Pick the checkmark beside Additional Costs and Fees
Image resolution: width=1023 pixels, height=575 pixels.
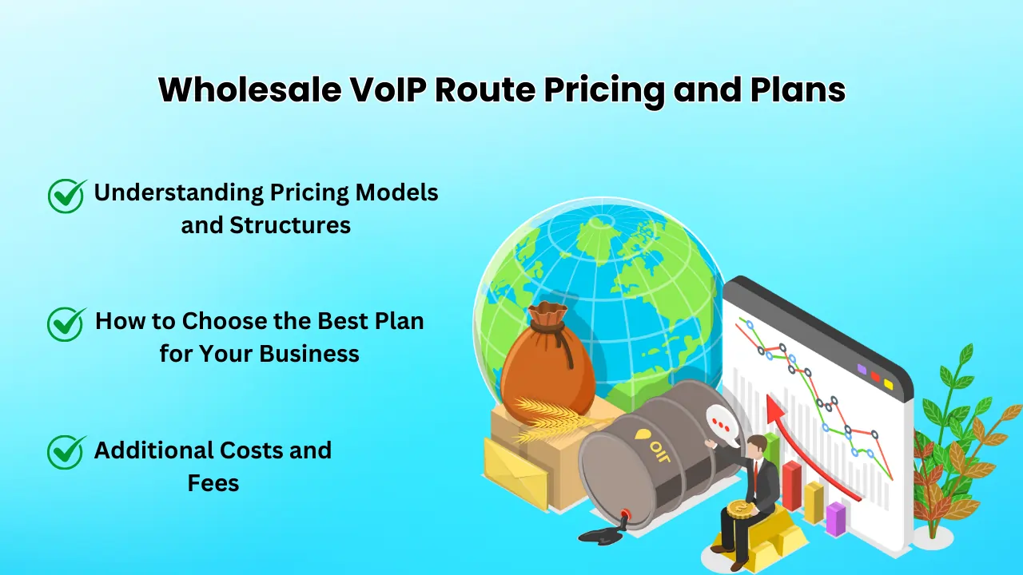coord(67,451)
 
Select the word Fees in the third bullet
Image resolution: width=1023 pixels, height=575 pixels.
coord(213,482)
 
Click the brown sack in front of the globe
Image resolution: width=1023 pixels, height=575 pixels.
coord(548,364)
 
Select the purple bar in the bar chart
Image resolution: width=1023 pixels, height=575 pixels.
coord(835,519)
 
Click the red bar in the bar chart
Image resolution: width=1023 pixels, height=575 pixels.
coord(791,485)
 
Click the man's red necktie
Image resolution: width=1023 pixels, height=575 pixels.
coord(754,474)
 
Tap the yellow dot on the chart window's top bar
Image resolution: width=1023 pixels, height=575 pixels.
coord(888,384)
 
